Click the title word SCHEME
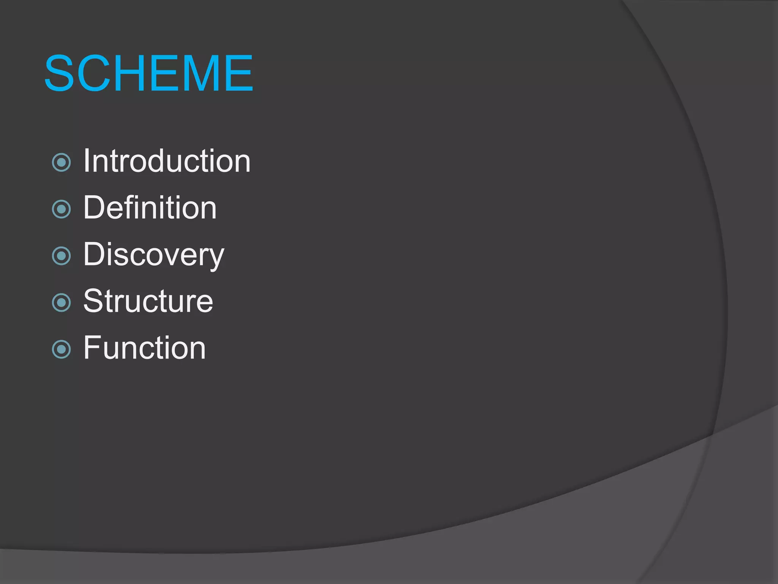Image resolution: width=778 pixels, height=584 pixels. pos(149,73)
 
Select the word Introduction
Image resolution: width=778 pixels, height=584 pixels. pos(167,161)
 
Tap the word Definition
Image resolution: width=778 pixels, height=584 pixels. pos(150,208)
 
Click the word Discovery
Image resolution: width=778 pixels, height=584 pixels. pos(154,254)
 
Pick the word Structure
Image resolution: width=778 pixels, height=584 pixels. pos(148,301)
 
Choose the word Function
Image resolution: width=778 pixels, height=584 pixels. pos(145,348)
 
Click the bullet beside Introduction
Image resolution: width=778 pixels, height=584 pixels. pos(61,162)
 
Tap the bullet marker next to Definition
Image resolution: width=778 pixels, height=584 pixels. pos(61,209)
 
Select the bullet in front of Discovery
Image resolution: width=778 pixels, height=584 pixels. pos(61,256)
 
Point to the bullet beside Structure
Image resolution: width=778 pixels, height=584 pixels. pos(61,303)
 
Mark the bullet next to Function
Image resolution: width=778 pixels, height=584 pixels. pos(61,349)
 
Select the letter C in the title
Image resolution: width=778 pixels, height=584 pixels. pos(93,73)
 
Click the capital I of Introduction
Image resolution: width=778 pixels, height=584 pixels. pos(86,161)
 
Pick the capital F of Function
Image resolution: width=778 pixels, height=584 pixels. pos(92,348)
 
